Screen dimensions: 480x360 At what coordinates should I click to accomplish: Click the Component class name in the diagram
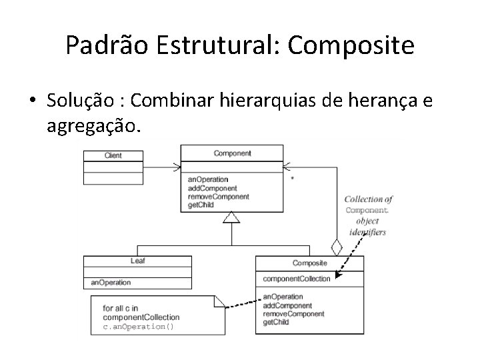point(232,153)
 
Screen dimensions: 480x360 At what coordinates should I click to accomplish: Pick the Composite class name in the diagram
point(310,263)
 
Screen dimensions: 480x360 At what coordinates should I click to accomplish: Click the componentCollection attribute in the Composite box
point(297,279)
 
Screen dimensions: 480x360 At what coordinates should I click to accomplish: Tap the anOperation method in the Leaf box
point(111,283)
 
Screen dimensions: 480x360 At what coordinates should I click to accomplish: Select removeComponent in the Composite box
point(294,313)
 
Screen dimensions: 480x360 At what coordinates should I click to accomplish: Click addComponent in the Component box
point(213,188)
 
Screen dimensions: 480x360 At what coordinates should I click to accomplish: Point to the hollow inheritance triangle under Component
point(231,217)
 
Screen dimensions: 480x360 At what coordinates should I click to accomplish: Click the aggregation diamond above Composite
point(337,247)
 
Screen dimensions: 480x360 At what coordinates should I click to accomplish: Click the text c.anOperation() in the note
point(137,327)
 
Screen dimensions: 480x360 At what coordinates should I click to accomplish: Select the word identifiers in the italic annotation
point(367,233)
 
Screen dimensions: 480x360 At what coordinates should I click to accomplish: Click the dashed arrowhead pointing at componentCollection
point(337,275)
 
